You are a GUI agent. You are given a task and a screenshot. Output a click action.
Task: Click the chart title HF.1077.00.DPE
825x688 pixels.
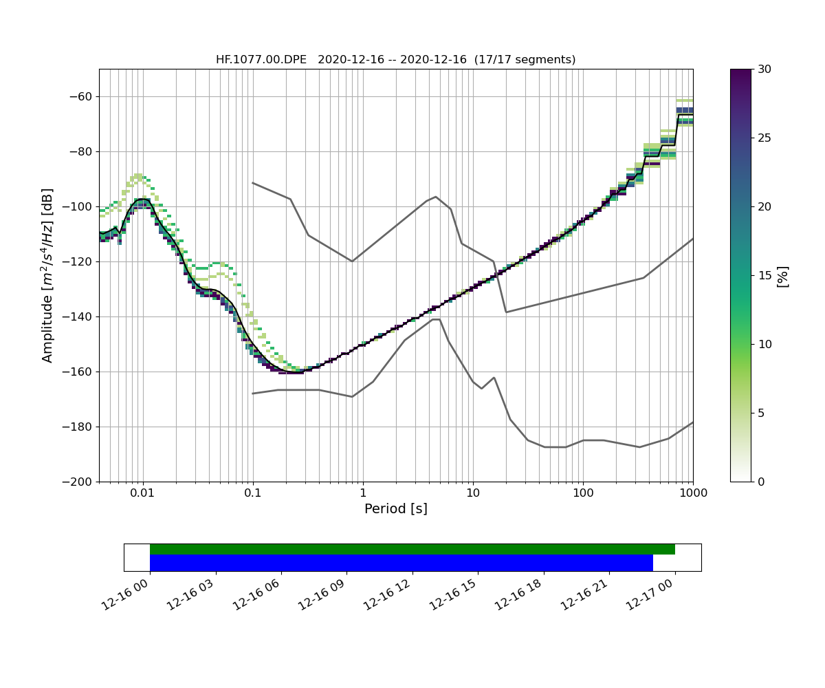[261, 60]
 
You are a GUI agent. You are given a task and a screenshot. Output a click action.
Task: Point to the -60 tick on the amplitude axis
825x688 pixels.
[81, 96]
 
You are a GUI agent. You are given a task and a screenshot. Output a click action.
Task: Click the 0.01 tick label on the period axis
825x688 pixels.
[142, 493]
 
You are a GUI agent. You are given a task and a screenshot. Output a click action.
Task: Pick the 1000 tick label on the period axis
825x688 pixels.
[692, 493]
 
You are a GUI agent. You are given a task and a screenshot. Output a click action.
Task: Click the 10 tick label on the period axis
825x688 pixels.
[473, 493]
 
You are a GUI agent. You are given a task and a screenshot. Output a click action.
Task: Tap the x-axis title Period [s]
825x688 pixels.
[395, 509]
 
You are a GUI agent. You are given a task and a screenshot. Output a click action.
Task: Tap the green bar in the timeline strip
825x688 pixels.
[412, 549]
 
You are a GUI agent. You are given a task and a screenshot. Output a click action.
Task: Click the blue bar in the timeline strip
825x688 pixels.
[401, 563]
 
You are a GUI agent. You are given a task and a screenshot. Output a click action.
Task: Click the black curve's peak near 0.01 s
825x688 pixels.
[142, 199]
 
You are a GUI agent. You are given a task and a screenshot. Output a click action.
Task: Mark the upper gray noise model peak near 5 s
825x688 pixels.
[436, 197]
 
